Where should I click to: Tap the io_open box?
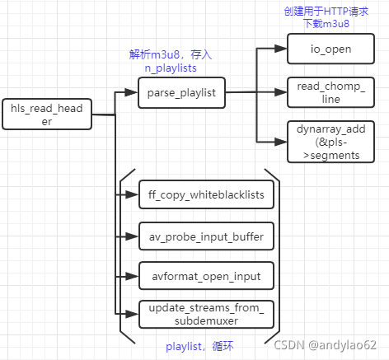click(323, 49)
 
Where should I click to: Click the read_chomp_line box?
click(323, 92)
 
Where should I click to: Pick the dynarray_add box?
click(323, 141)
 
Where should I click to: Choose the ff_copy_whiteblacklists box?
click(205, 194)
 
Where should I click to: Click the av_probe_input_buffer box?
click(205, 237)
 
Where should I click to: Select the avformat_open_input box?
click(205, 276)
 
